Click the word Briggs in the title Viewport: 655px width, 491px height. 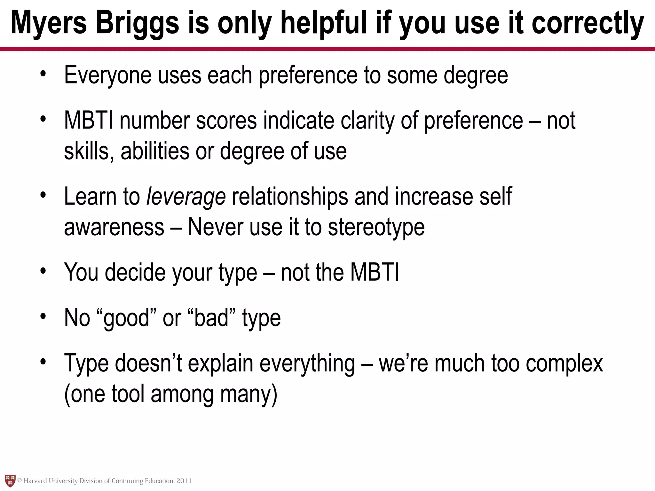138,23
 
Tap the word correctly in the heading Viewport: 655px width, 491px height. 588,23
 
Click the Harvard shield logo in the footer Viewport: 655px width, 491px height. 10,481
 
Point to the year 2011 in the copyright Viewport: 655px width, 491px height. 184,481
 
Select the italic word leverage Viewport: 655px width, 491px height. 186,197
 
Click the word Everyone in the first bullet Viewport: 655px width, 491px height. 108,75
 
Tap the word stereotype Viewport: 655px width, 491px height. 376,228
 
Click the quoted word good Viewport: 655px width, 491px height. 127,318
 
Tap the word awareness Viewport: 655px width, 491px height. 114,228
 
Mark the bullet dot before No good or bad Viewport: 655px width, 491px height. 43,316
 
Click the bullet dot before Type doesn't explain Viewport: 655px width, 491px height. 43,362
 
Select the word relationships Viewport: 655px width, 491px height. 290,197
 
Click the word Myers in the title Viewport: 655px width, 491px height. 49,23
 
